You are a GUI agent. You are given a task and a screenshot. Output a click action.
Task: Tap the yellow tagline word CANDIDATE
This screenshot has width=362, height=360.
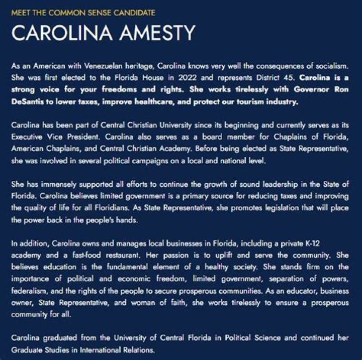pyautogui.click(x=133, y=12)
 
